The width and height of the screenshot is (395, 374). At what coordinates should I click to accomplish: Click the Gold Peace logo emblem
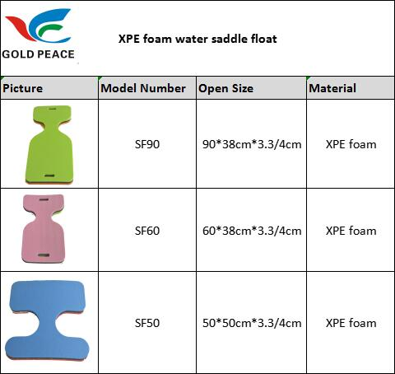coord(39,26)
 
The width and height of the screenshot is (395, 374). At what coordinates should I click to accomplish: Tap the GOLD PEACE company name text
coord(38,54)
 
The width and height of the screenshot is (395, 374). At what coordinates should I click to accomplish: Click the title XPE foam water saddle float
coord(197,39)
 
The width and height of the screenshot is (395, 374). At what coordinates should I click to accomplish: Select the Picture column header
coord(23,88)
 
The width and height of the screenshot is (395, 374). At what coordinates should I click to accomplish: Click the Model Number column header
coord(143,88)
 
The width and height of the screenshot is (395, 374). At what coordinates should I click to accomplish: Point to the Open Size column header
coord(226,88)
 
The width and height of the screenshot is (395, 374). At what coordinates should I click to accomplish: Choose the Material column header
coord(332,88)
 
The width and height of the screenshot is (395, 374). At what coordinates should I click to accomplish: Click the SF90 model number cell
coord(147,144)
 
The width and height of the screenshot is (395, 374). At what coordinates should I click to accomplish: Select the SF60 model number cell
coord(147,231)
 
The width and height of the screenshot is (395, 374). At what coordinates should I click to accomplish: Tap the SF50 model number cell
coord(147,323)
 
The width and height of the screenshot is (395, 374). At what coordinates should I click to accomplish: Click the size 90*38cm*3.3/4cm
coord(252,144)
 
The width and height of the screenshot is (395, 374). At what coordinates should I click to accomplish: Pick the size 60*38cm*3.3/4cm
coord(252,231)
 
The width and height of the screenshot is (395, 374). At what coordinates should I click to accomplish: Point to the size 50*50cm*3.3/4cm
coord(252,323)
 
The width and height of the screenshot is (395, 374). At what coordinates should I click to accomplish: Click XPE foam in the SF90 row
coord(351,144)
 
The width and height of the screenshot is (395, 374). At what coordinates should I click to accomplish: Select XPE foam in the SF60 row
coord(351,231)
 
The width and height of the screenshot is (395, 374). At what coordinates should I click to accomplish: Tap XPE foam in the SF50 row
coord(351,323)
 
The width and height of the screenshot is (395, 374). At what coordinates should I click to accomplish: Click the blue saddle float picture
coord(47,320)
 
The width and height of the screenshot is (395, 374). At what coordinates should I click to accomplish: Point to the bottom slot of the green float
coord(49,175)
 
